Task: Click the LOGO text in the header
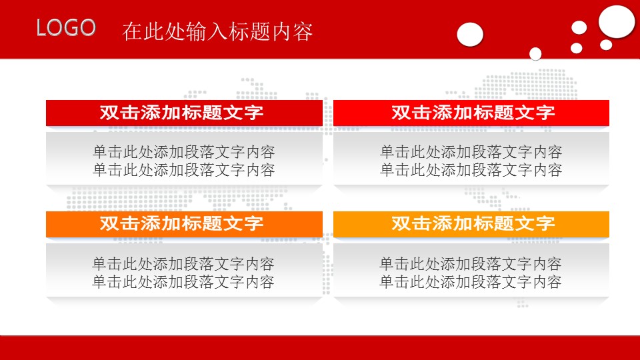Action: (66, 28)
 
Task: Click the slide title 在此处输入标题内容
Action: (217, 31)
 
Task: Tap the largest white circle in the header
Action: (616, 21)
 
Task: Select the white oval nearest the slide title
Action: (470, 34)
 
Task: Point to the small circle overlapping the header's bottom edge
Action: (535, 53)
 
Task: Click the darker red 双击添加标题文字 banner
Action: (184, 113)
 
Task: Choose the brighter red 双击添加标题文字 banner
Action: (471, 113)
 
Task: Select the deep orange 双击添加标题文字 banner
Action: (184, 224)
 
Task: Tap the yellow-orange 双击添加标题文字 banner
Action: (471, 224)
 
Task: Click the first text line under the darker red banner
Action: (184, 152)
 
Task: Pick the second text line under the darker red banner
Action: (184, 170)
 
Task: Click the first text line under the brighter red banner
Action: (471, 152)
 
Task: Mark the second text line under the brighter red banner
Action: (471, 170)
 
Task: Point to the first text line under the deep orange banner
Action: (183, 264)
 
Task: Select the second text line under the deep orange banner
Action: (183, 281)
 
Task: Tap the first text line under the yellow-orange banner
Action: (471, 264)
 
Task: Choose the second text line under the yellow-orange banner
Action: (471, 281)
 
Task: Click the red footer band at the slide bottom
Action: (320, 348)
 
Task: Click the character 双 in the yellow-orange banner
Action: (401, 223)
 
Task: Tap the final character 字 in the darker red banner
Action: (254, 113)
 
